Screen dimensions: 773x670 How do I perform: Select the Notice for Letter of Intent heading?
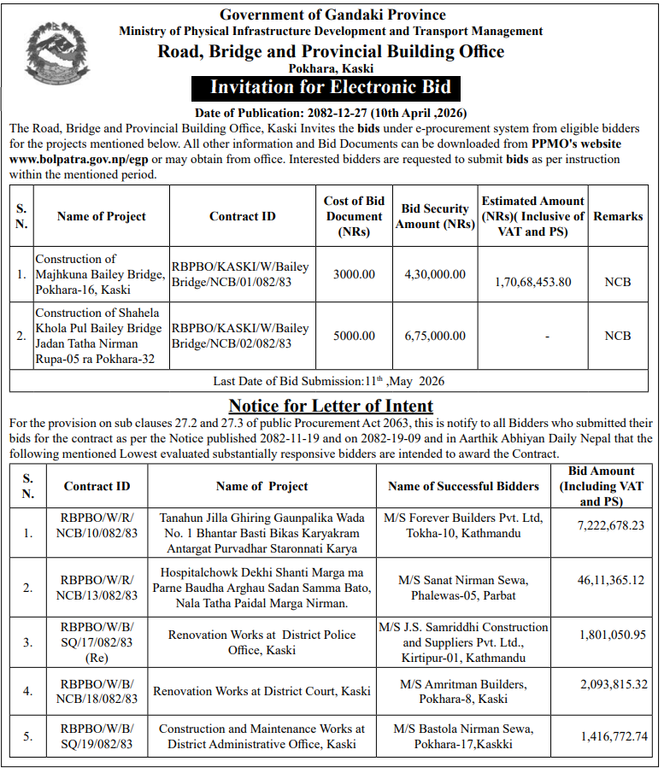click(331, 406)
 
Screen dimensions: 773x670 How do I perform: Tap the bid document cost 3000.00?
click(354, 274)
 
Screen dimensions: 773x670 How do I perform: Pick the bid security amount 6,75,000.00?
click(435, 336)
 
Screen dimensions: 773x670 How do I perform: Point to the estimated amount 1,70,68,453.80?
click(532, 281)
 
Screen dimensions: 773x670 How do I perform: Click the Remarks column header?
click(618, 216)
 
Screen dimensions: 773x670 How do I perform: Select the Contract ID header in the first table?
click(243, 216)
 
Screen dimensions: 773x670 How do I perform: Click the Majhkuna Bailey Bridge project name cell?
click(100, 274)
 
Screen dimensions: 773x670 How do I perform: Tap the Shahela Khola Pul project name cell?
click(100, 336)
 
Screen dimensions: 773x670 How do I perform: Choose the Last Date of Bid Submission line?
click(329, 381)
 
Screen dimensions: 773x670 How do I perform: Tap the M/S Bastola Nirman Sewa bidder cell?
click(463, 736)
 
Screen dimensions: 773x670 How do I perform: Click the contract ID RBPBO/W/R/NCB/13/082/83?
click(97, 588)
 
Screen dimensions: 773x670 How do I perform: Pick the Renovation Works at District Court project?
click(262, 691)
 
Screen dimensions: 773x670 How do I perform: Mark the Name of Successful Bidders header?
click(463, 486)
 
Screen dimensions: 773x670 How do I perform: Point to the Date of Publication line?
click(331, 113)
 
